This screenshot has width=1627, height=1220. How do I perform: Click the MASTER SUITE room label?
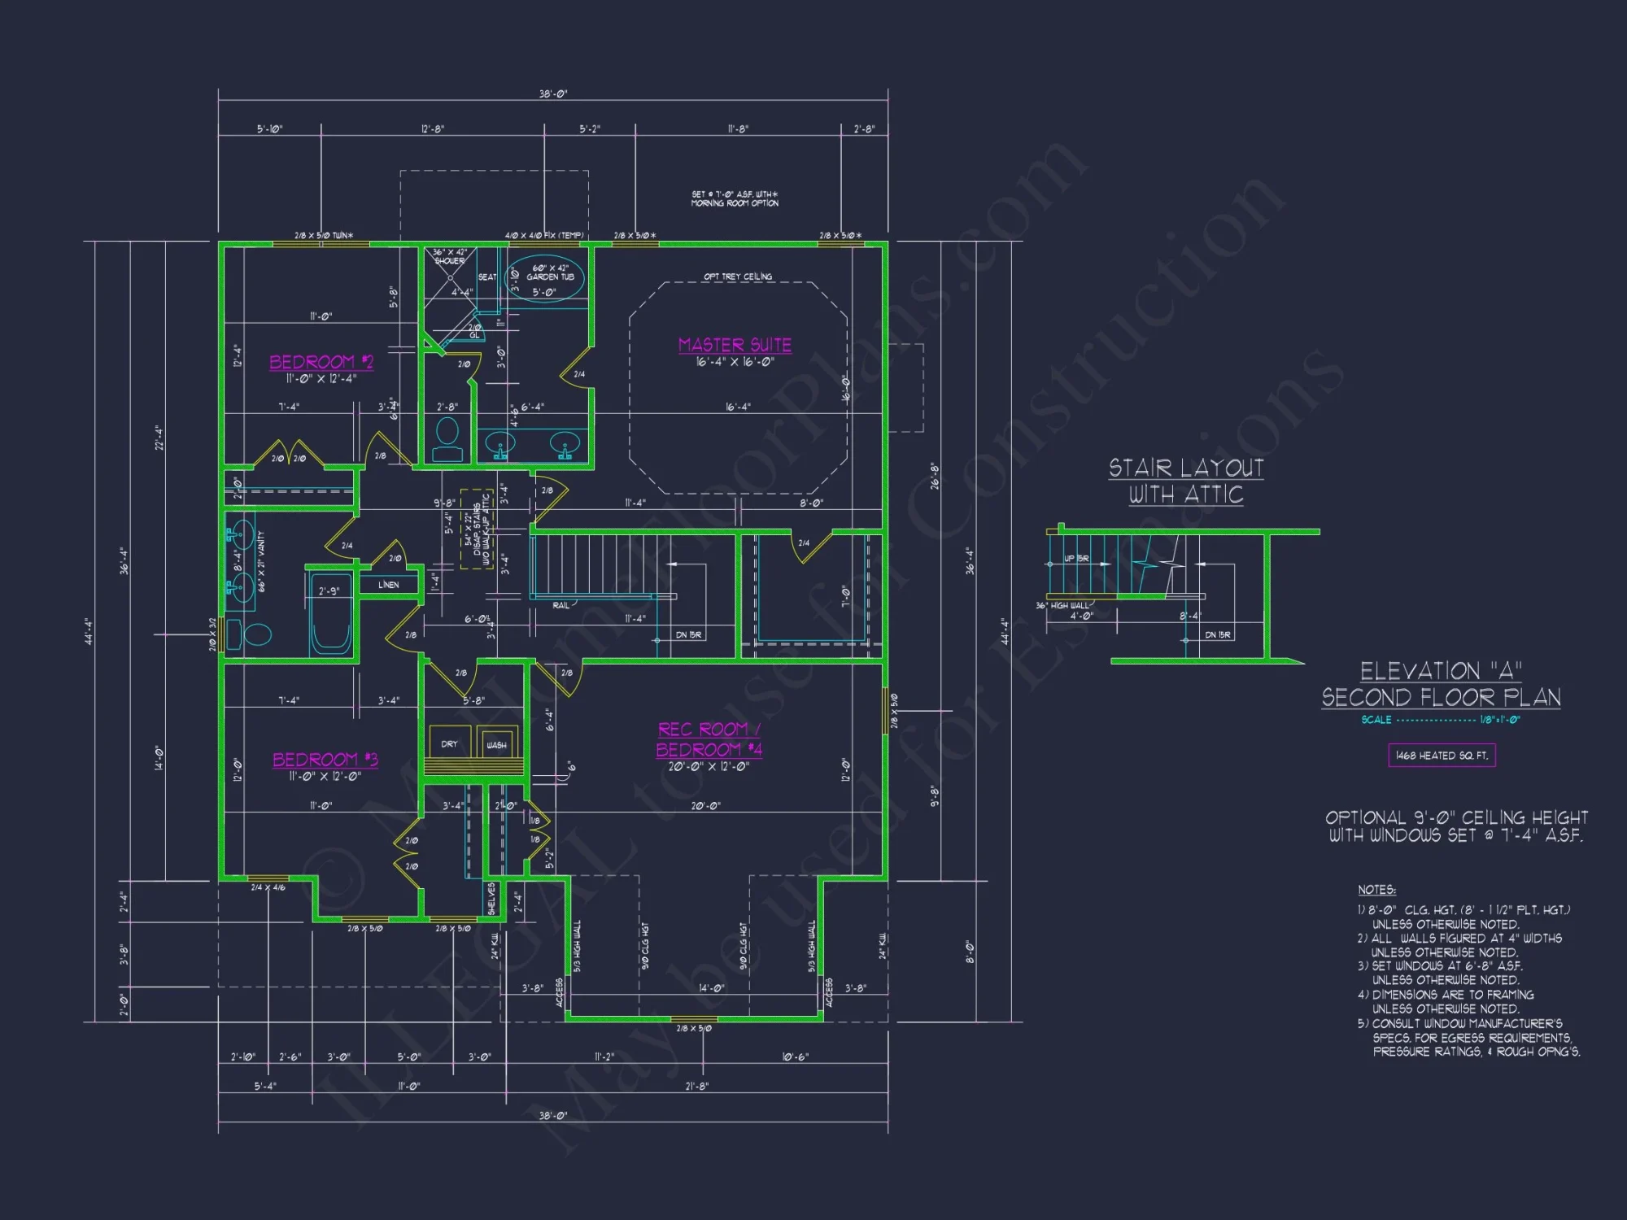click(x=735, y=345)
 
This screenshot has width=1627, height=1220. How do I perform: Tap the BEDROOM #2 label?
click(x=321, y=362)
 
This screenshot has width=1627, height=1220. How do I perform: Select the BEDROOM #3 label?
click(x=325, y=760)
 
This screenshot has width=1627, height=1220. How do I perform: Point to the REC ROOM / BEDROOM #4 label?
click(x=709, y=739)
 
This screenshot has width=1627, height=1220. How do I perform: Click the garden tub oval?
click(x=546, y=278)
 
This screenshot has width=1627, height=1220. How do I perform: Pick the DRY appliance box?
click(x=449, y=743)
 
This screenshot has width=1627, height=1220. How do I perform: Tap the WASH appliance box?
click(x=496, y=743)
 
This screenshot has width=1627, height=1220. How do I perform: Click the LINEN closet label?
click(x=389, y=585)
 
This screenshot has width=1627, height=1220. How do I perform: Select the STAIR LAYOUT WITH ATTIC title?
click(x=1186, y=481)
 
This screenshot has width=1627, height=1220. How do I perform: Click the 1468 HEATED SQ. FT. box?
click(x=1442, y=756)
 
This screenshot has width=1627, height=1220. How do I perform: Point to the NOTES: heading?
click(x=1376, y=890)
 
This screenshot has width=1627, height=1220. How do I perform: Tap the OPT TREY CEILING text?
click(x=738, y=277)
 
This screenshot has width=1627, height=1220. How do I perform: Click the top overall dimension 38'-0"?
click(x=553, y=94)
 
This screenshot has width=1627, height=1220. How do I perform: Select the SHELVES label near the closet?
click(x=491, y=898)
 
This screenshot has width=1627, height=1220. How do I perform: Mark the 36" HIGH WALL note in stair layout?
click(x=1062, y=606)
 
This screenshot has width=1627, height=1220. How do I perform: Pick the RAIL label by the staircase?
click(x=561, y=606)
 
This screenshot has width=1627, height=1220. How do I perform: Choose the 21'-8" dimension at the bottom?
click(x=696, y=1086)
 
